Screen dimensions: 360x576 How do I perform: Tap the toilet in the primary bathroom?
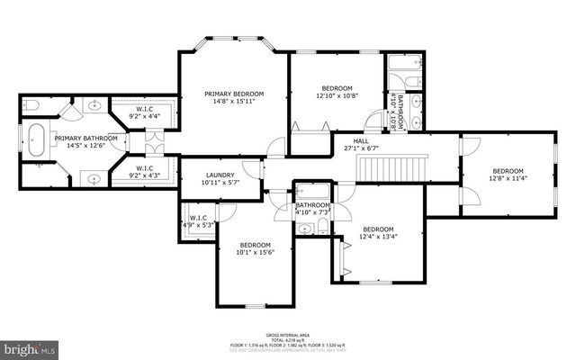click(x=30, y=107)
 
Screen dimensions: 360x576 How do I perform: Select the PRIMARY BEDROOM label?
click(x=234, y=94)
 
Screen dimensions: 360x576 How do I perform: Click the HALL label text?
click(x=361, y=140)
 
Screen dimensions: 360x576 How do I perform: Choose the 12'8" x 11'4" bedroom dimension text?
click(x=507, y=178)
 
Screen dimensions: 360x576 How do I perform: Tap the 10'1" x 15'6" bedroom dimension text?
click(x=255, y=253)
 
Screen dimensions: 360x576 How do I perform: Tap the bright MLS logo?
click(x=30, y=346)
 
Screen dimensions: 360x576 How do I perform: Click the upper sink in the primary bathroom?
click(x=95, y=107)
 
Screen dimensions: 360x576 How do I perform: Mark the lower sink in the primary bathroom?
click(x=95, y=177)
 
